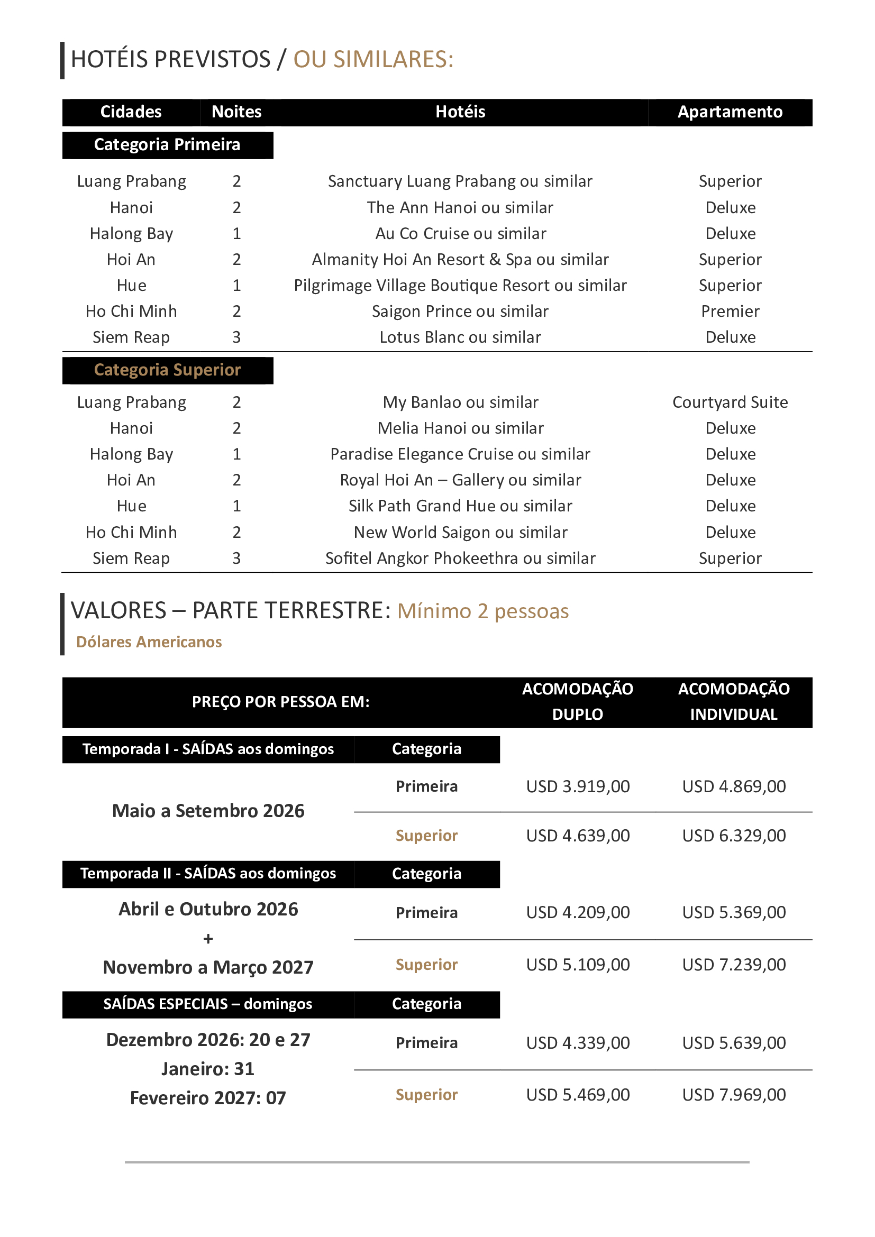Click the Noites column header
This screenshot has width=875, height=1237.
click(x=236, y=112)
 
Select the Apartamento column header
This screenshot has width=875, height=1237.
click(x=730, y=112)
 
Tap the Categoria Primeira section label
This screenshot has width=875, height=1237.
click(x=167, y=145)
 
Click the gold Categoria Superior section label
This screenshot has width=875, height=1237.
click(x=167, y=370)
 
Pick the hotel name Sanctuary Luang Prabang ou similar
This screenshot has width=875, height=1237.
click(x=460, y=181)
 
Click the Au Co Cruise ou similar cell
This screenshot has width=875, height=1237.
click(x=460, y=234)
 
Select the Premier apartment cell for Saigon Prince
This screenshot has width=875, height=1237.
click(x=730, y=311)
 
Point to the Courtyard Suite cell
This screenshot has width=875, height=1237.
click(x=730, y=402)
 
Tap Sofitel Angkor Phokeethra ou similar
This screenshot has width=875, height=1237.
click(x=460, y=558)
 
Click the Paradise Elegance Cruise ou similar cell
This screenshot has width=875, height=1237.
click(x=460, y=454)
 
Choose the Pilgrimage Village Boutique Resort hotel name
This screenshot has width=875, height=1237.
click(x=460, y=286)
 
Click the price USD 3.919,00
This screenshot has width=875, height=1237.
click(x=578, y=786)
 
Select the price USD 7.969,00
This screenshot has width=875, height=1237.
click(x=733, y=1095)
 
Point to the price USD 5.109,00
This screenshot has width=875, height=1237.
click(x=578, y=965)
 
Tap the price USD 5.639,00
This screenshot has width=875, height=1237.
click(x=733, y=1043)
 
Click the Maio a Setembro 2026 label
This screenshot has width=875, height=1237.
click(x=208, y=811)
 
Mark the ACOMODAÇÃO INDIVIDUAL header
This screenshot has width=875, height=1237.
click(x=733, y=701)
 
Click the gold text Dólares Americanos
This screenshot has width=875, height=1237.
click(x=149, y=642)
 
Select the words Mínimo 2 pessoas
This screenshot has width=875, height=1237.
click(x=483, y=611)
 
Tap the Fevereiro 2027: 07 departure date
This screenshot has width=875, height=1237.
click(x=208, y=1098)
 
